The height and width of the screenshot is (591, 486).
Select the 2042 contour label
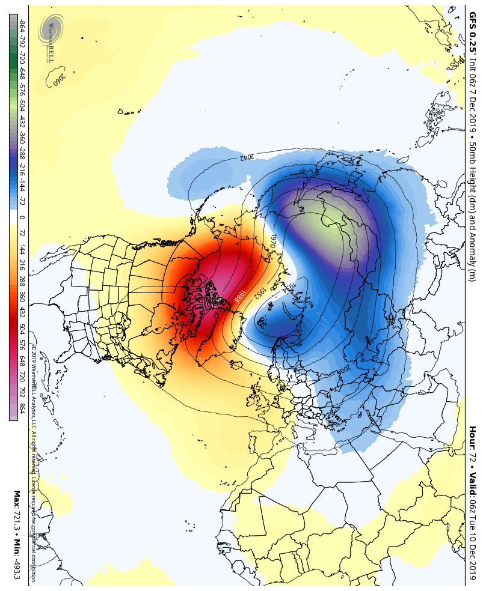[x=247, y=157]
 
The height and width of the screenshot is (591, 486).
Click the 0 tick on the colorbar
[x=22, y=217]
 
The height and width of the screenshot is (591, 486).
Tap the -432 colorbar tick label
[x=22, y=121]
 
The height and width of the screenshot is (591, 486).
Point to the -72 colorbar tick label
[x=22, y=201]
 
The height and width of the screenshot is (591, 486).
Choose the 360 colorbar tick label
[x=22, y=297]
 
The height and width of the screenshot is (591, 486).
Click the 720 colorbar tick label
[x=22, y=377]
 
